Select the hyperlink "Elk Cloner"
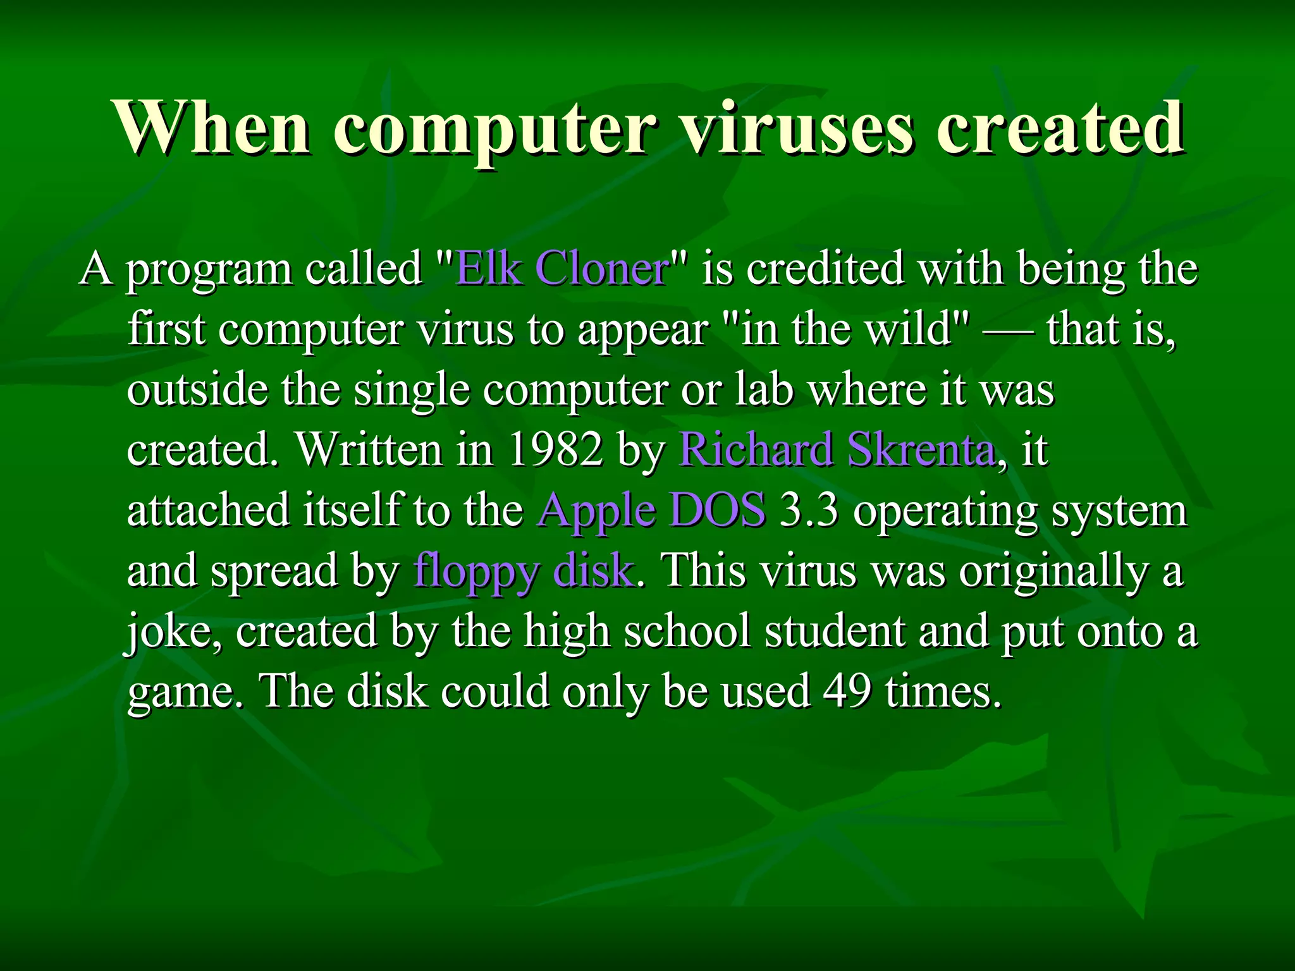point(562,269)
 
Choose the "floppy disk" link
point(523,570)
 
